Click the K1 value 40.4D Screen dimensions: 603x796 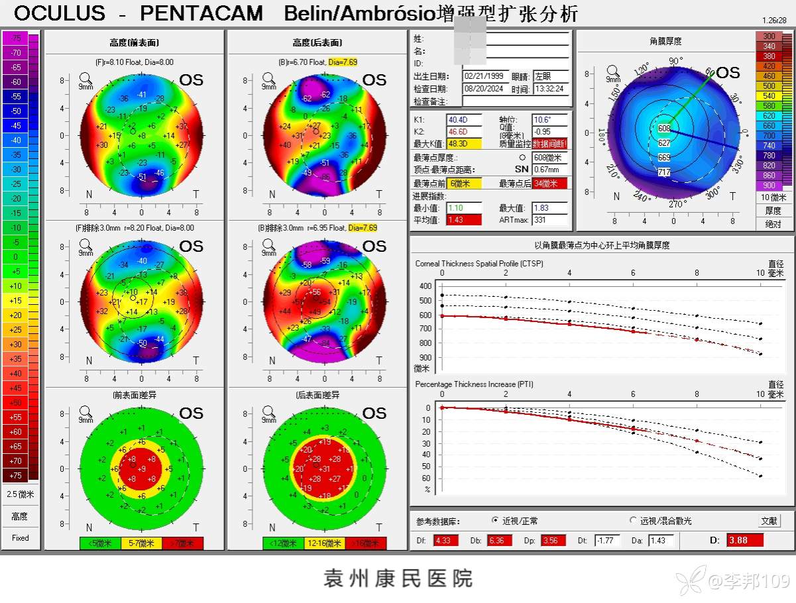click(459, 120)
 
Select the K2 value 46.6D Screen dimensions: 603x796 click(459, 132)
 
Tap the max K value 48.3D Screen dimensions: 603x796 click(459, 144)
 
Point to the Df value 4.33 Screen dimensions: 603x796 click(442, 540)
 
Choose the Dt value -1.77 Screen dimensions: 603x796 click(606, 540)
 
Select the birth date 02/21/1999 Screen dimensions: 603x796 click(484, 76)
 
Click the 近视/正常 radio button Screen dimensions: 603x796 click(495, 521)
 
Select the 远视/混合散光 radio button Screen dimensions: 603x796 click(632, 521)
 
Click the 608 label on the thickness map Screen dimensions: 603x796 click(664, 129)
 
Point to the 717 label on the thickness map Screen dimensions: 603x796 click(664, 172)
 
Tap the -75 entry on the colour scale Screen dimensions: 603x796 click(16, 38)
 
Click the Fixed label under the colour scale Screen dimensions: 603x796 click(21, 538)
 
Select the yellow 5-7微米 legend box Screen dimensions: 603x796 click(141, 544)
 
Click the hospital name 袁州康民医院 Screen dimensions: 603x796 click(398, 578)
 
